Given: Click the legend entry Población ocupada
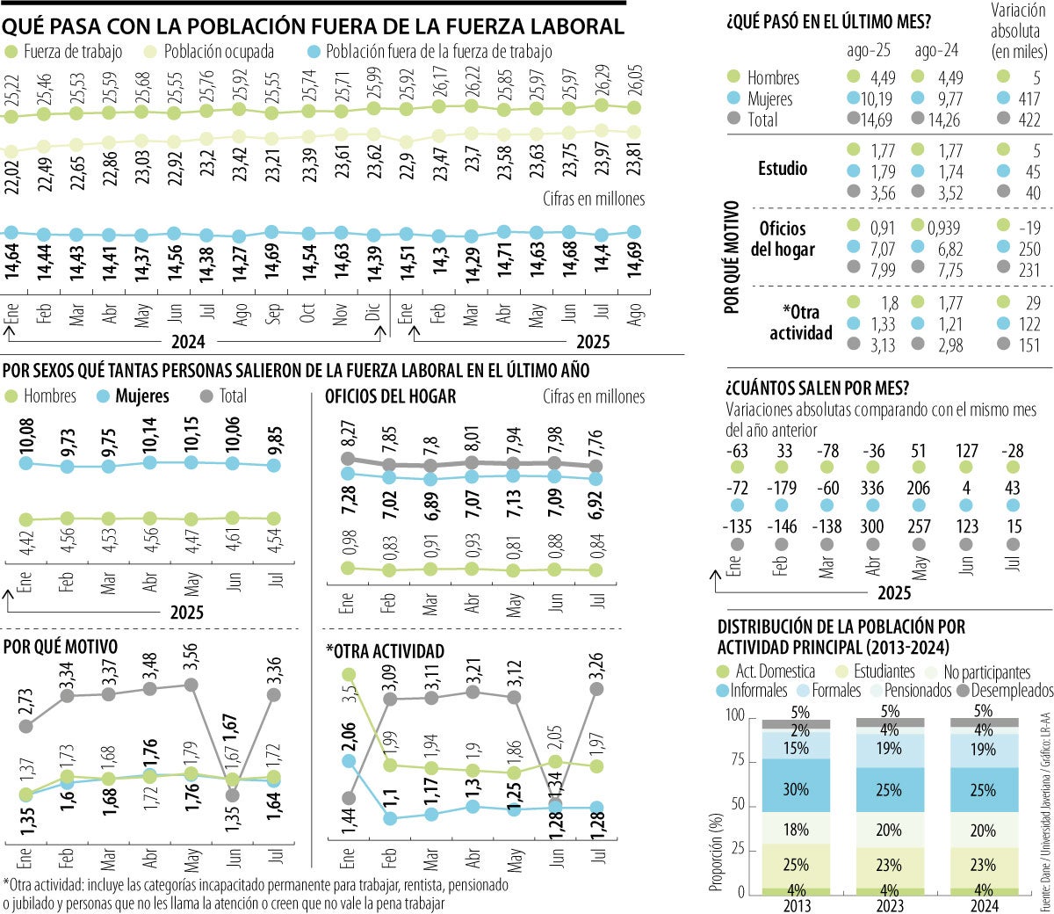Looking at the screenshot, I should (x=218, y=52).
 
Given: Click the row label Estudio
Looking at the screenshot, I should (x=783, y=169).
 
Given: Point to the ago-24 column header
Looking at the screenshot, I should (x=937, y=51).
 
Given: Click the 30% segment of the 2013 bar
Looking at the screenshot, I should (x=796, y=789).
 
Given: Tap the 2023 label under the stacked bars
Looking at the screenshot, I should (x=888, y=906).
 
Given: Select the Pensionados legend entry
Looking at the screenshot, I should (x=917, y=691).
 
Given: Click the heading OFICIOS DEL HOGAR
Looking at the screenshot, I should (x=391, y=397).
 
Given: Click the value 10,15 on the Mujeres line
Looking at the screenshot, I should (x=191, y=435).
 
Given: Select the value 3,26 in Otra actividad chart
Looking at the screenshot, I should (x=597, y=664).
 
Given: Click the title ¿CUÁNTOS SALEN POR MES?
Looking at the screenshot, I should (x=818, y=388).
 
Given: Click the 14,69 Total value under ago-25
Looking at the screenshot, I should (x=863, y=120).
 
